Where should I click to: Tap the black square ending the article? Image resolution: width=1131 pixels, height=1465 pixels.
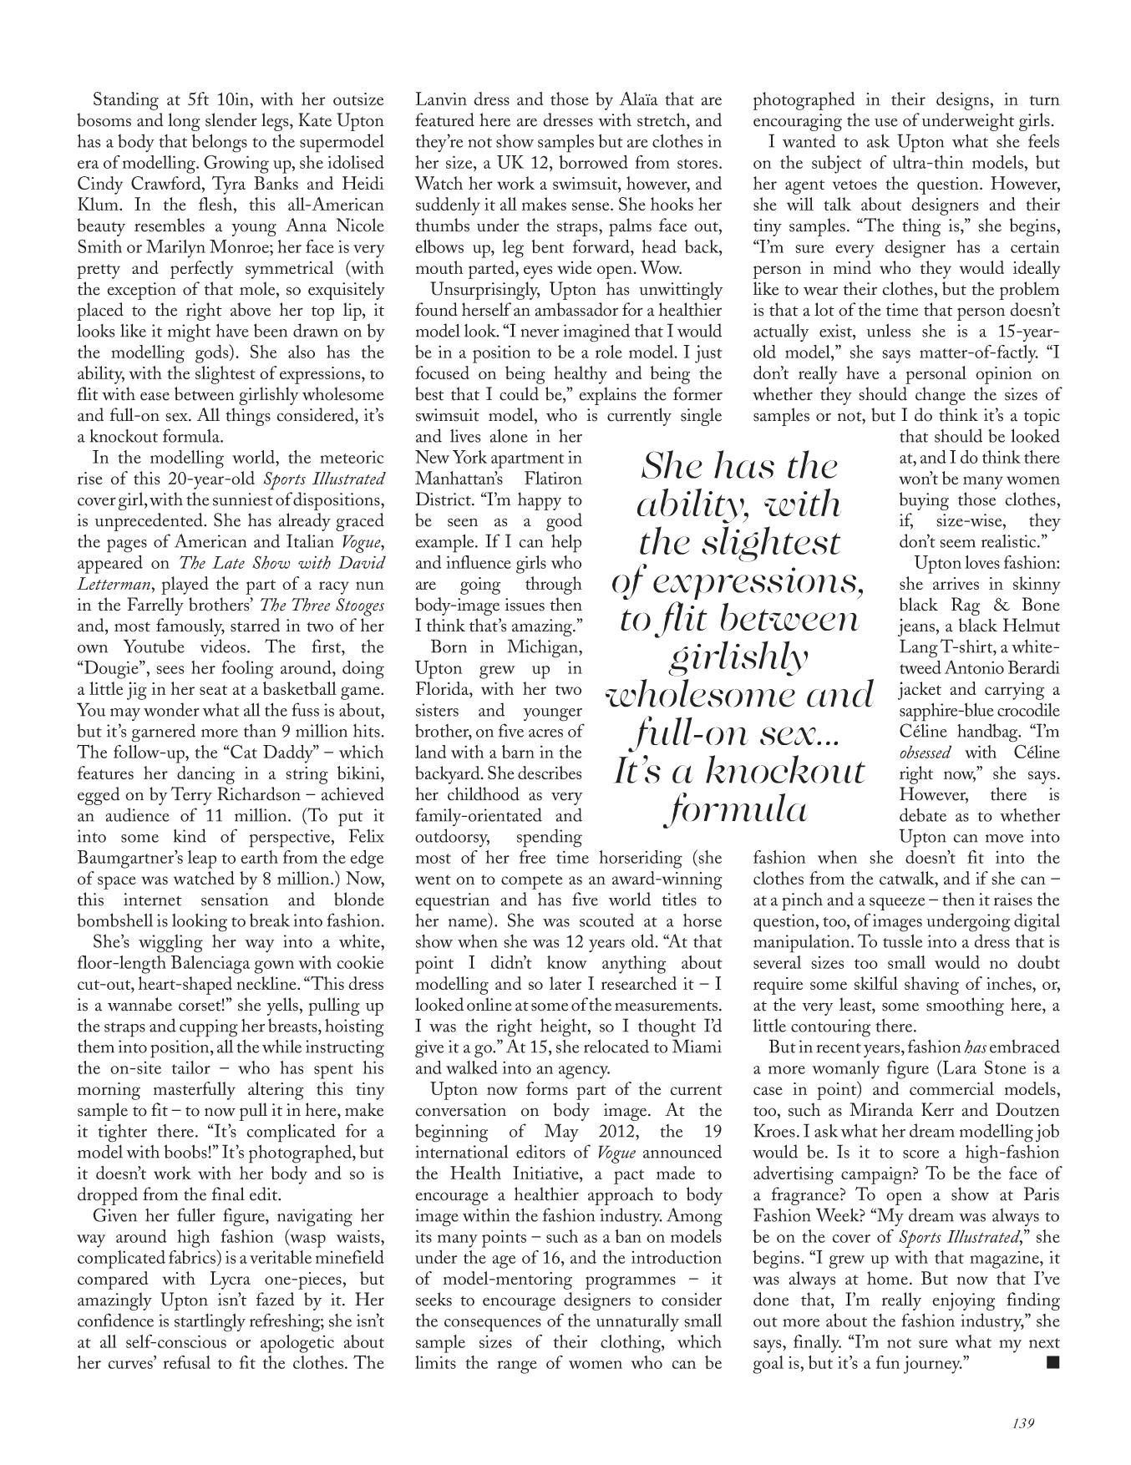pyautogui.click(x=1052, y=1363)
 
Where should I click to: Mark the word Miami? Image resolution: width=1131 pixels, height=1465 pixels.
pyautogui.click(x=698, y=1047)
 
